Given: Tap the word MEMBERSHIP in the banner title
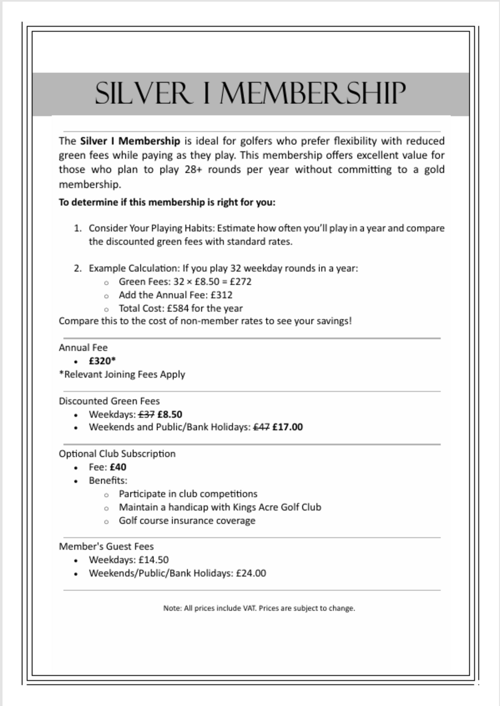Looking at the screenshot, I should click(x=312, y=93).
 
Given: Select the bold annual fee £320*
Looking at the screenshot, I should click(x=102, y=361).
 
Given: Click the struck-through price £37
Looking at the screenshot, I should click(x=146, y=414).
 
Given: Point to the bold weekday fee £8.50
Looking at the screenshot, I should click(x=170, y=414).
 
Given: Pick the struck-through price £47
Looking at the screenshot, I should click(x=261, y=427).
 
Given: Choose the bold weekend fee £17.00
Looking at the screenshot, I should click(x=287, y=427).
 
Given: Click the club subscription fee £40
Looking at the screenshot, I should click(x=118, y=467).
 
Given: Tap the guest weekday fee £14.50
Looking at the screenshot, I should click(x=153, y=560).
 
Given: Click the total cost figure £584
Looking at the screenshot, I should click(x=178, y=308).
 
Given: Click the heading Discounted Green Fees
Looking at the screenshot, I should click(x=109, y=401).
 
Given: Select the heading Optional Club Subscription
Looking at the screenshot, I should click(x=117, y=454).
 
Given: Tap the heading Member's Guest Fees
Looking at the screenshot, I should click(x=106, y=546).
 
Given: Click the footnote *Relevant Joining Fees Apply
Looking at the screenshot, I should click(x=122, y=374).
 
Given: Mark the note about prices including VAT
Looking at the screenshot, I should click(x=259, y=608).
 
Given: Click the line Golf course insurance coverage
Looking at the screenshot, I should click(x=187, y=520).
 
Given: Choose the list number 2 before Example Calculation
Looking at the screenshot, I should click(x=77, y=268).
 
